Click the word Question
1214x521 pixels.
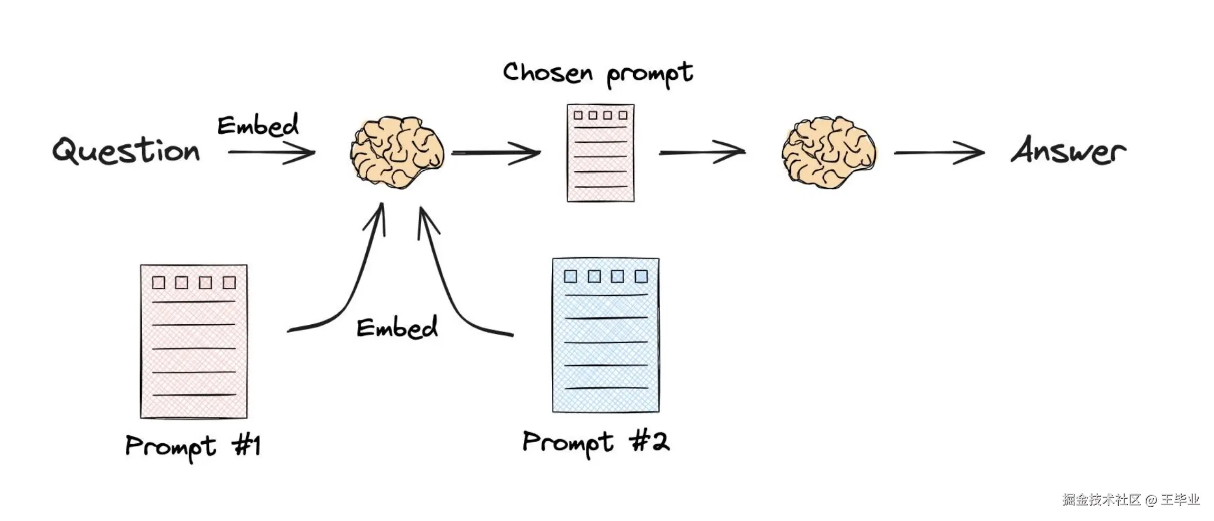tap(126, 150)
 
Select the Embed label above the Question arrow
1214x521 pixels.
tap(258, 125)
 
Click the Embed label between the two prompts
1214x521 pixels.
tap(397, 327)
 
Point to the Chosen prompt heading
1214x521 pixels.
tap(597, 74)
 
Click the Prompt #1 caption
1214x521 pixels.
tap(193, 446)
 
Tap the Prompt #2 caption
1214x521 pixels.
tap(596, 442)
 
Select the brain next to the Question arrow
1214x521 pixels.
tap(397, 152)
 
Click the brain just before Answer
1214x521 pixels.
tap(828, 152)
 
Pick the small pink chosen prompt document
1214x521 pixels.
tap(600, 153)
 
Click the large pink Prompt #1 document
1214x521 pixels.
tap(193, 341)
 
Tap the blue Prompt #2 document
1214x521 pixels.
tap(606, 335)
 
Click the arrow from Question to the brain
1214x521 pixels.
tap(272, 152)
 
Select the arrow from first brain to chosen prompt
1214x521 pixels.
tap(495, 153)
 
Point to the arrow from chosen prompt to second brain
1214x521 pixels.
tap(702, 152)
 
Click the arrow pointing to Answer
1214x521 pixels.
tap(939, 153)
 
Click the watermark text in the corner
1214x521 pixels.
tap(1130, 499)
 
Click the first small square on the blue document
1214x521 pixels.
tap(570, 276)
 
